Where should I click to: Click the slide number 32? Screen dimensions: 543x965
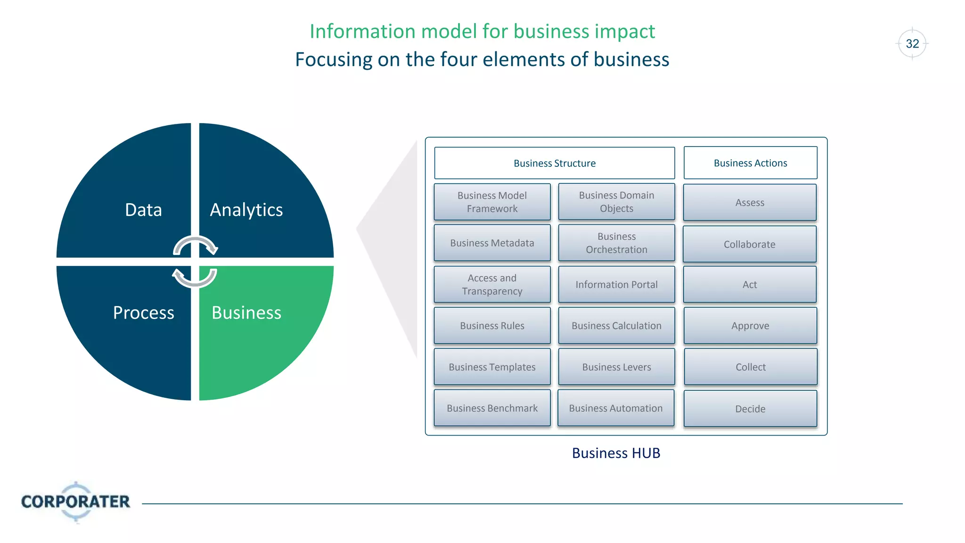click(912, 44)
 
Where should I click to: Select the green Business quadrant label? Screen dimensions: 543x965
click(246, 313)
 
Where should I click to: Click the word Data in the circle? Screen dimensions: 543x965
click(143, 210)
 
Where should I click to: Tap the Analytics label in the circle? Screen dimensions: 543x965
click(246, 210)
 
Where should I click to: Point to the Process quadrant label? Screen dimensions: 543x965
click(143, 313)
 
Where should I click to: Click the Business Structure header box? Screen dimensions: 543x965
click(554, 163)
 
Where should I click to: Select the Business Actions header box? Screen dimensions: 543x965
click(750, 163)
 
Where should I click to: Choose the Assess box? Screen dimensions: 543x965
click(750, 203)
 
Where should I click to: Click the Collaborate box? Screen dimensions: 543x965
click(749, 244)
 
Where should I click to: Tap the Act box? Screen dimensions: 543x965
click(750, 285)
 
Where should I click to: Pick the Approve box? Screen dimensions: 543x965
click(750, 326)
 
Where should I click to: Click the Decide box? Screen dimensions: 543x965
click(750, 409)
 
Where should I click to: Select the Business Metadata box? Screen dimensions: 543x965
click(492, 243)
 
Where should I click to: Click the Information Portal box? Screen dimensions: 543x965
click(616, 285)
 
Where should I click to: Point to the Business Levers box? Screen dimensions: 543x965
click(616, 367)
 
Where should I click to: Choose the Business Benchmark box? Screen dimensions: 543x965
click(492, 408)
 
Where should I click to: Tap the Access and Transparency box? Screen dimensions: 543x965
click(492, 285)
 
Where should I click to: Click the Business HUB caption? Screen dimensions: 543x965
click(616, 453)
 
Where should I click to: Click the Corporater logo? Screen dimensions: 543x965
click(75, 502)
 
